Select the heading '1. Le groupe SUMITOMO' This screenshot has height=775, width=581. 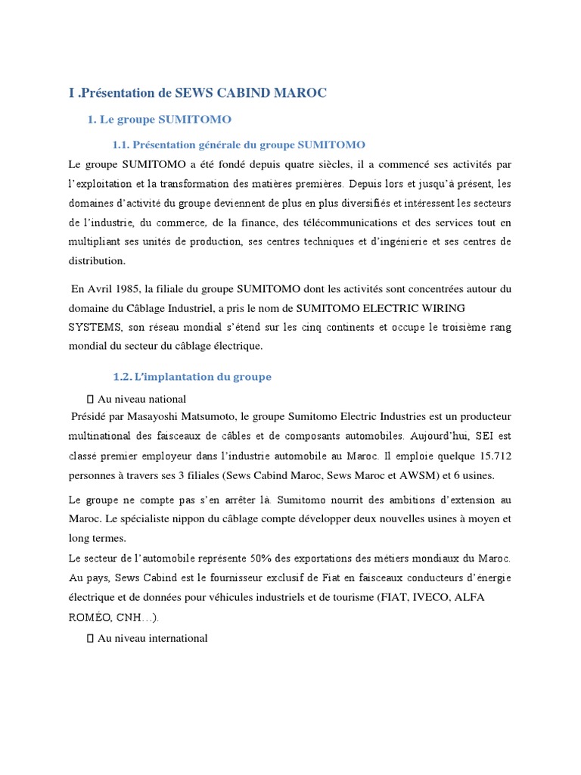point(159,120)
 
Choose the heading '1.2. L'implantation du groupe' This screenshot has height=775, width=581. point(191,377)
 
